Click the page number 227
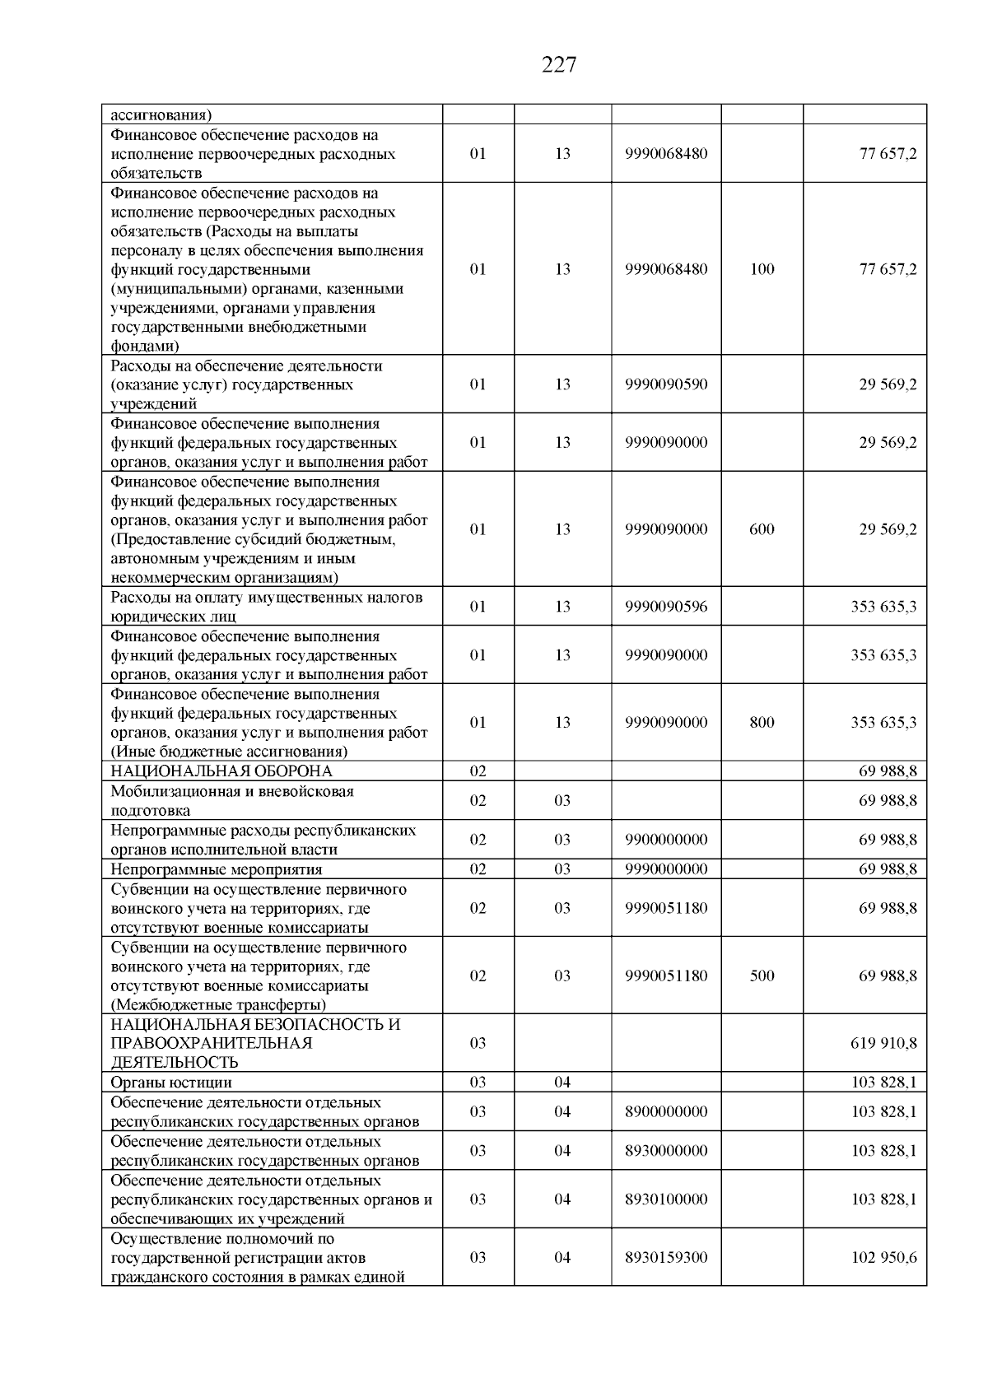(559, 65)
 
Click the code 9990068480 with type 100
(666, 269)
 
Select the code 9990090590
(666, 384)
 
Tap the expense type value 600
(762, 529)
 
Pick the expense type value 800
(762, 722)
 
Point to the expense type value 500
(762, 976)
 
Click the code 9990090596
(666, 607)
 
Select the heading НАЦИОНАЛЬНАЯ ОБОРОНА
(221, 771)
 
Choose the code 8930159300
(666, 1257)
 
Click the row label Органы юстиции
(171, 1083)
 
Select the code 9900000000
(666, 840)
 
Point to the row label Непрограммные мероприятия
(217, 869)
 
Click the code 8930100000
(666, 1199)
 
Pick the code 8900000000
(666, 1111)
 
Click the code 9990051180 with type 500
(666, 976)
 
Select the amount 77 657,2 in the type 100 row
(888, 269)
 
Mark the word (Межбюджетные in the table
(167, 1005)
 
